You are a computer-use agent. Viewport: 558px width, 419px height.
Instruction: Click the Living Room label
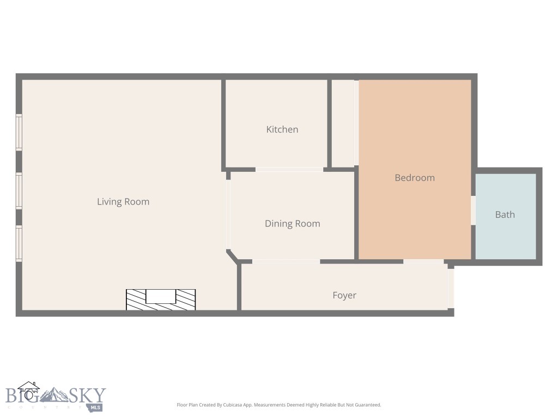(x=123, y=202)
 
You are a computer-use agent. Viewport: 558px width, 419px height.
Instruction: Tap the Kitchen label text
(x=282, y=130)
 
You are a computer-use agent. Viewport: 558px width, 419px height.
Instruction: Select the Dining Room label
(x=292, y=224)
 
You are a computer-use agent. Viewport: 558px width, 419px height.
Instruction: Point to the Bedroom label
(x=415, y=178)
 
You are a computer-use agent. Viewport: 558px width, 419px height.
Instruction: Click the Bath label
(x=505, y=215)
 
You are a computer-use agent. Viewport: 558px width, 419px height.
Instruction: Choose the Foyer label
(x=344, y=296)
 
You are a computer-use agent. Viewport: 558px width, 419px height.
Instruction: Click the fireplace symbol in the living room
(x=161, y=300)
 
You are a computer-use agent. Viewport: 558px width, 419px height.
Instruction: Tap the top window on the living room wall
(x=19, y=132)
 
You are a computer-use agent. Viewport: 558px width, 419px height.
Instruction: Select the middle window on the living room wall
(x=19, y=191)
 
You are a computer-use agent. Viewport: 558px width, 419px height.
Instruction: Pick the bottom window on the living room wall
(x=19, y=244)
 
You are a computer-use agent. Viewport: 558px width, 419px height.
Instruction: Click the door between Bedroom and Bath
(x=473, y=211)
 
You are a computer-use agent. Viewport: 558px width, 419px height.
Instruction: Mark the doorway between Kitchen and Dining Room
(x=289, y=170)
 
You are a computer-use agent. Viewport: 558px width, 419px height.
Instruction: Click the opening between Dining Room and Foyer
(x=286, y=262)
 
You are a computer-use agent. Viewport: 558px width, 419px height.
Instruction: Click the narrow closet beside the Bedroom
(x=343, y=123)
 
